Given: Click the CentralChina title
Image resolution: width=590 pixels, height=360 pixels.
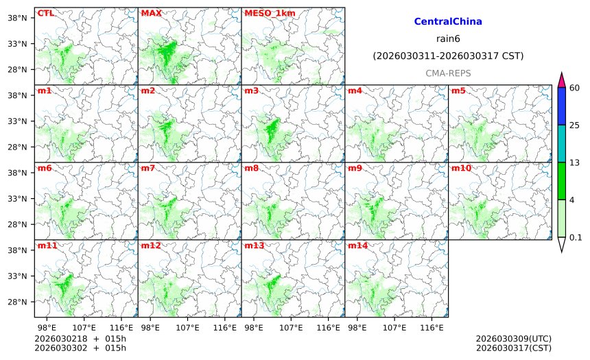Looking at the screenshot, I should tap(448, 22).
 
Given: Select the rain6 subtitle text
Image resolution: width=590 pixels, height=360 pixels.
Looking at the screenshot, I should tap(448, 38).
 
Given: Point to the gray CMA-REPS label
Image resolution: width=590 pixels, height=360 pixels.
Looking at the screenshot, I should tap(448, 73).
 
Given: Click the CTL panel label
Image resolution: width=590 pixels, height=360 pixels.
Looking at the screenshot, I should tap(45, 13).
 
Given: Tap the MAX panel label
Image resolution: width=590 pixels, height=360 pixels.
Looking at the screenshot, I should tap(150, 13).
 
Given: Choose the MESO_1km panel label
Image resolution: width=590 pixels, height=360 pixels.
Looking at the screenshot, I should tap(263, 13).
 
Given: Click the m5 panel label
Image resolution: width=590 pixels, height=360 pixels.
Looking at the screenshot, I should tap(458, 91).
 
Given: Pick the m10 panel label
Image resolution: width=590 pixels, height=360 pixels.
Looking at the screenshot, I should tap(461, 168).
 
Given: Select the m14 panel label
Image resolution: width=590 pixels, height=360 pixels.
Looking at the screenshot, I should tap(357, 245).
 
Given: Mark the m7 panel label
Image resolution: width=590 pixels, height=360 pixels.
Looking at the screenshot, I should tap(147, 168).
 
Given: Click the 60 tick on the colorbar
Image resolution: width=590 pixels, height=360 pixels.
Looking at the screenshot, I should tap(575, 88).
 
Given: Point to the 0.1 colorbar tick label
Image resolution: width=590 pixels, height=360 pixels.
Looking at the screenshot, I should tap(576, 238).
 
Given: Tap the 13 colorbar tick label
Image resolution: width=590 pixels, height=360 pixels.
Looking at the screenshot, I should tap(575, 163).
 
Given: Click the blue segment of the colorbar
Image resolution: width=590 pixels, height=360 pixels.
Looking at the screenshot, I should tap(561, 106).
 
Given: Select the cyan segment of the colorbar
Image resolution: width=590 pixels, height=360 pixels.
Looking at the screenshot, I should tap(561, 143).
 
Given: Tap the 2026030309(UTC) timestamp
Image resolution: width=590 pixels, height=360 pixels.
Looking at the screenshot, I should tap(513, 339).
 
